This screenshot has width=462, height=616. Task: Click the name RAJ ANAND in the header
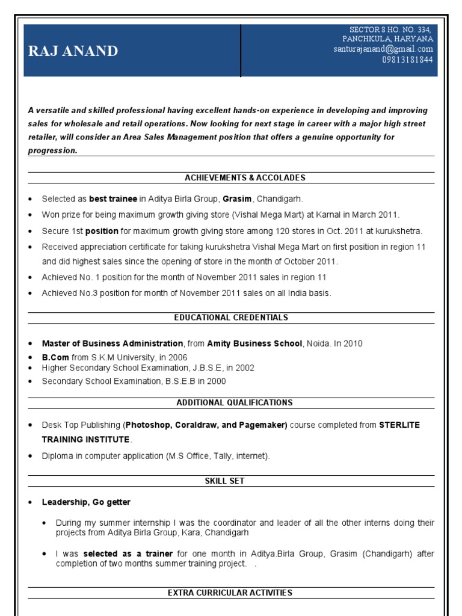[x=73, y=52]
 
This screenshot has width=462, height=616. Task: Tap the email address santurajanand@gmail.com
[x=383, y=49]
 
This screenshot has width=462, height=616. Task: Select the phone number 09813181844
[x=407, y=60]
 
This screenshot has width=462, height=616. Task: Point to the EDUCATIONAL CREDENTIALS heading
[x=231, y=318]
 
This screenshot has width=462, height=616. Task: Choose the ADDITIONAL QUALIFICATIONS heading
[x=235, y=402]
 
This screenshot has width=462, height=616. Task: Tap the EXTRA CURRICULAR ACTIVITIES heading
[x=230, y=593]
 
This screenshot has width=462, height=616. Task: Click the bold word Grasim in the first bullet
[x=237, y=199]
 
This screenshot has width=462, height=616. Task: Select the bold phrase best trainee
[x=113, y=199]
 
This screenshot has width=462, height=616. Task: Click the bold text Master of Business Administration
[x=112, y=343]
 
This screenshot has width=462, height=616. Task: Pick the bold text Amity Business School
[x=254, y=343]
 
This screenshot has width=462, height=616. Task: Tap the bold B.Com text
[x=53, y=357]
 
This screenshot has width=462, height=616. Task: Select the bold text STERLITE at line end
[x=399, y=425]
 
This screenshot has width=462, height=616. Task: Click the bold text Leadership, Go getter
[x=86, y=502]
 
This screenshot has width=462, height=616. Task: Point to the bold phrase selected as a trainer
[x=128, y=553]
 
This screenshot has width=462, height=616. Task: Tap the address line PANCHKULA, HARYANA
[x=387, y=39]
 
